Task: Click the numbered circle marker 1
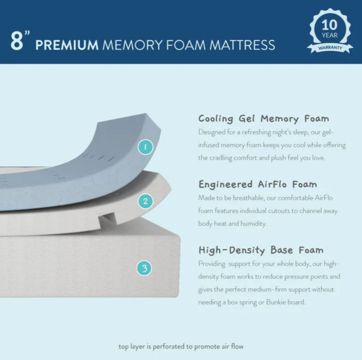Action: (145, 147)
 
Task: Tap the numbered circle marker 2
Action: (145, 201)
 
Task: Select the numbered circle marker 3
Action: (144, 268)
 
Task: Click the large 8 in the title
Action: (17, 41)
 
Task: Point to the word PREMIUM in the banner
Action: (67, 45)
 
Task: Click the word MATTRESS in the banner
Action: (242, 45)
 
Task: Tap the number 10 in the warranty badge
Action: (330, 25)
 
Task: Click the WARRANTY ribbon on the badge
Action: (330, 48)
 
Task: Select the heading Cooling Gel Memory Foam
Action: (264, 119)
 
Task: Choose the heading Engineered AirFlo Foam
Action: (257, 185)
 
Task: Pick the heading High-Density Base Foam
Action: (261, 250)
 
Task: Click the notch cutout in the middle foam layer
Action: (107, 219)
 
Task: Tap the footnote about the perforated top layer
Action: (181, 347)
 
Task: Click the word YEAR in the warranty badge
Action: (330, 35)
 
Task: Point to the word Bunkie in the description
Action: (276, 302)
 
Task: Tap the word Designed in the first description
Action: (212, 132)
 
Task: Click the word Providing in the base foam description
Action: (212, 264)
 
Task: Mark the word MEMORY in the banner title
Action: (132, 45)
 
